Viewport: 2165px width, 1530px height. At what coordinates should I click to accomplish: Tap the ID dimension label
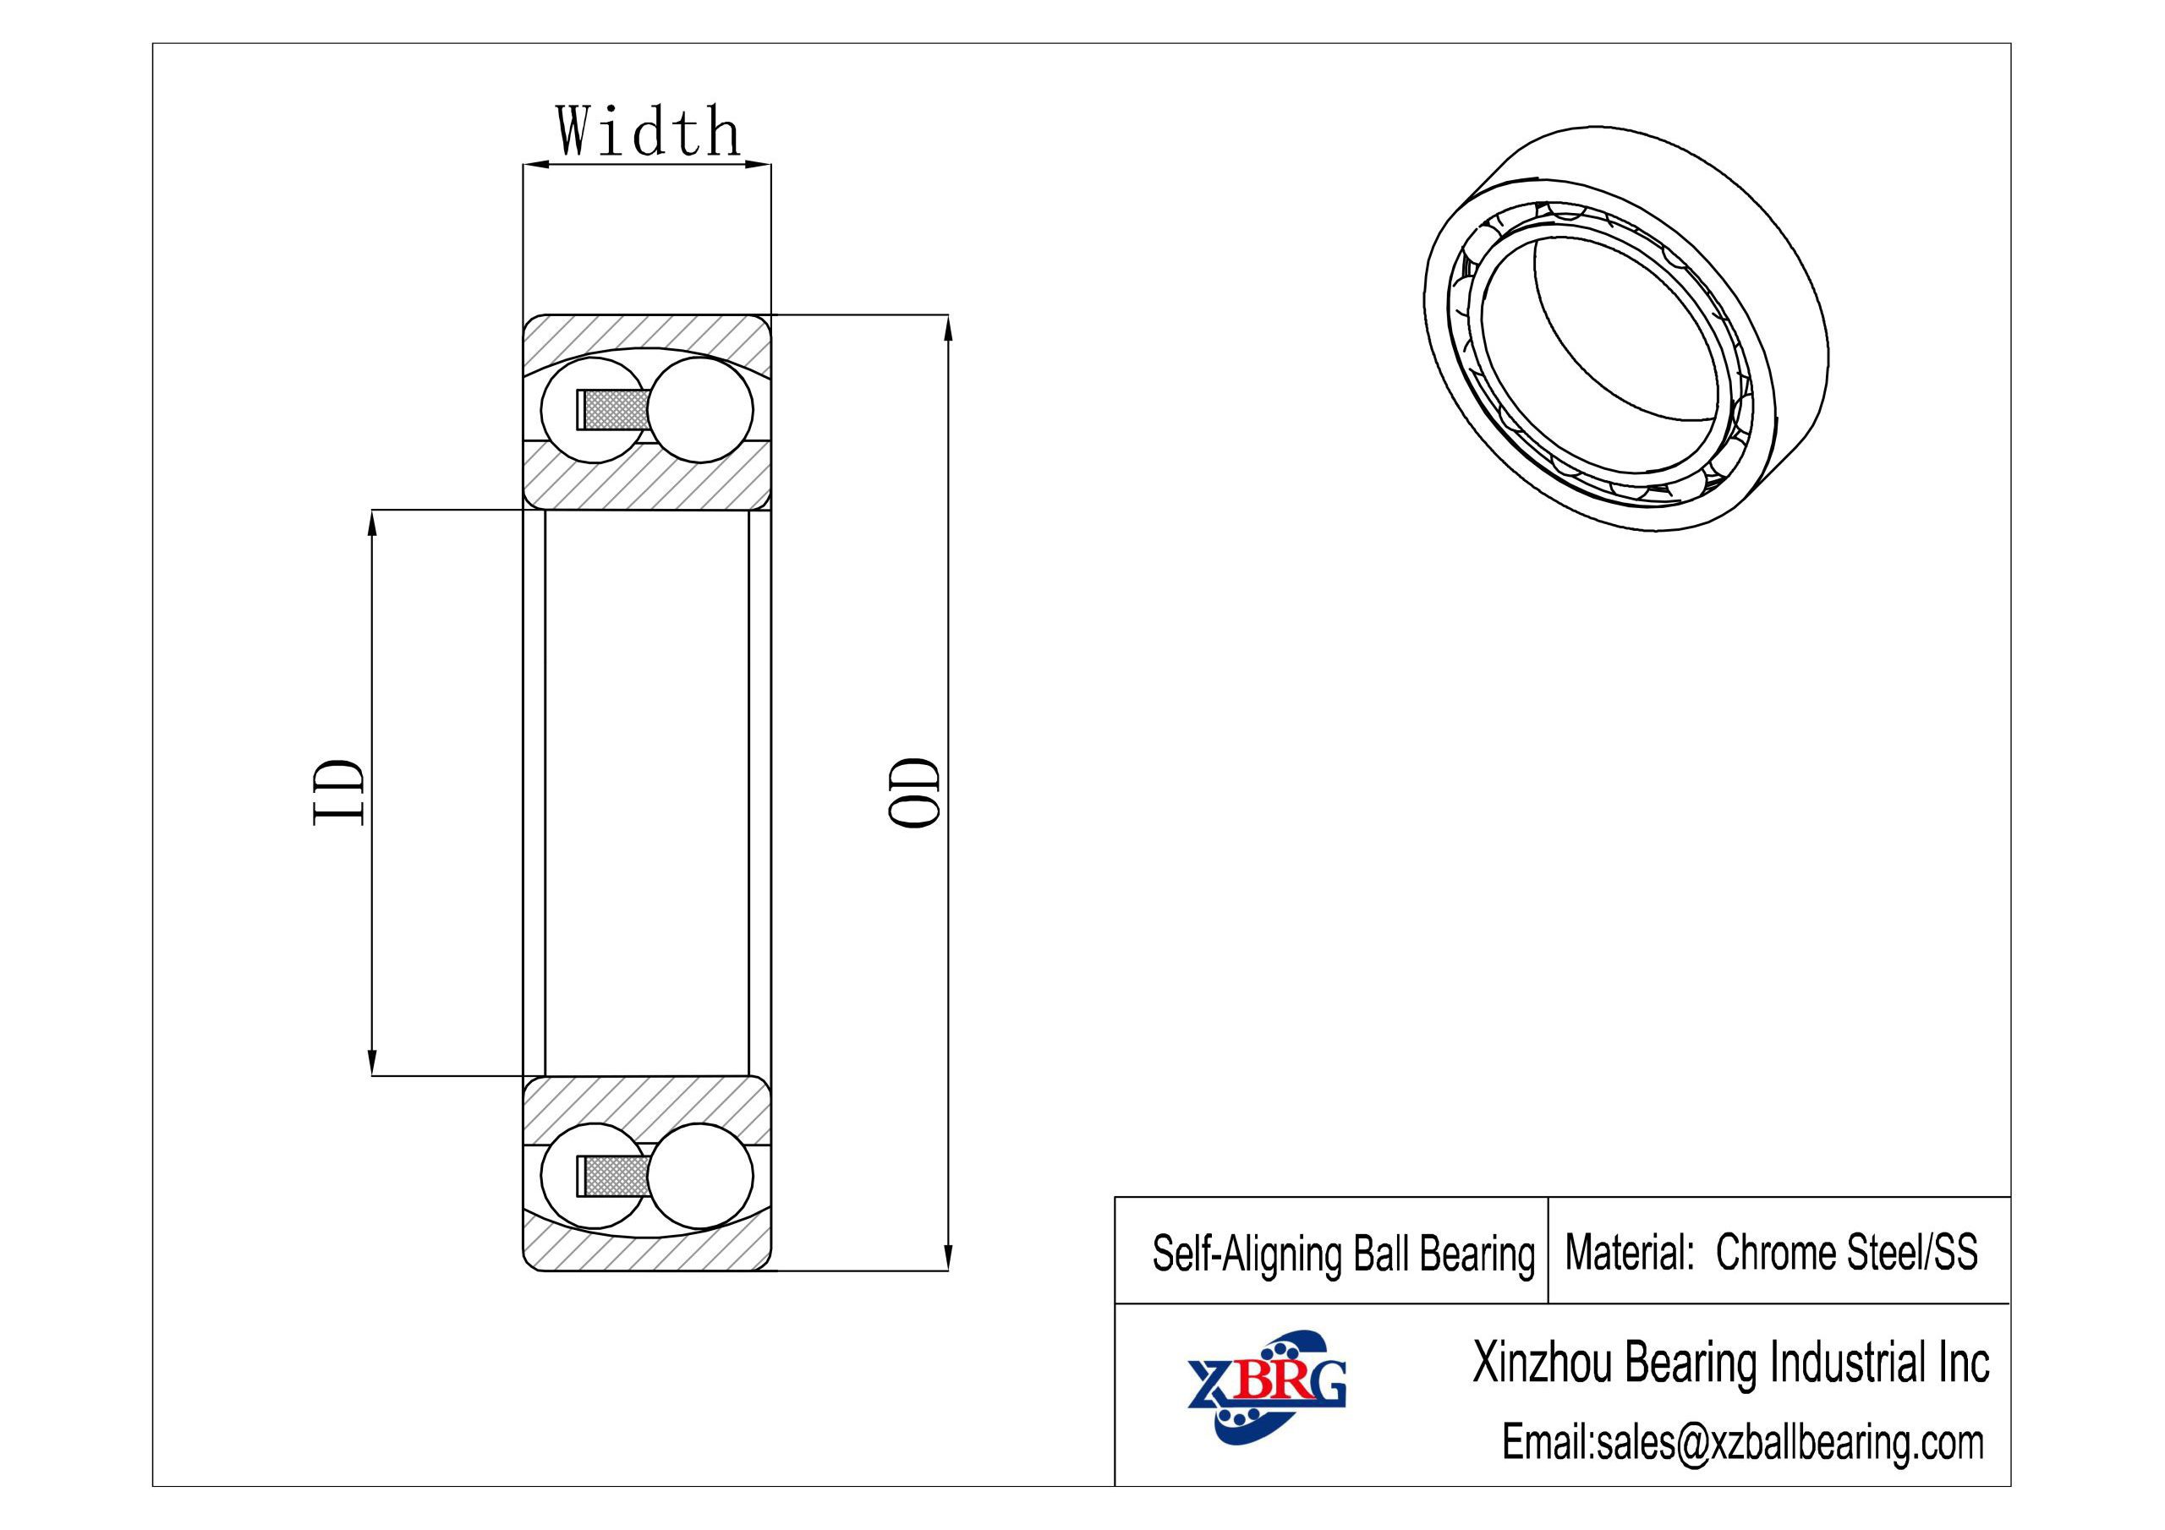coord(337,792)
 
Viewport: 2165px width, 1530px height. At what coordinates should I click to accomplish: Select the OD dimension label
coord(913,792)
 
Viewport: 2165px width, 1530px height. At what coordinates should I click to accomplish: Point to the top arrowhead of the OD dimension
coord(948,326)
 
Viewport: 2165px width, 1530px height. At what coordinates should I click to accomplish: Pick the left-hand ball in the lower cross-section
coord(583,1176)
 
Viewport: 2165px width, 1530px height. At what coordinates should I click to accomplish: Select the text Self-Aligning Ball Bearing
coord(1343,1254)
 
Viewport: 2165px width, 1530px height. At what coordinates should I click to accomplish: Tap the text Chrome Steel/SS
coord(1845,1253)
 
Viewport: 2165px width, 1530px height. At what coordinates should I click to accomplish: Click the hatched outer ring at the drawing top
coord(648,336)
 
